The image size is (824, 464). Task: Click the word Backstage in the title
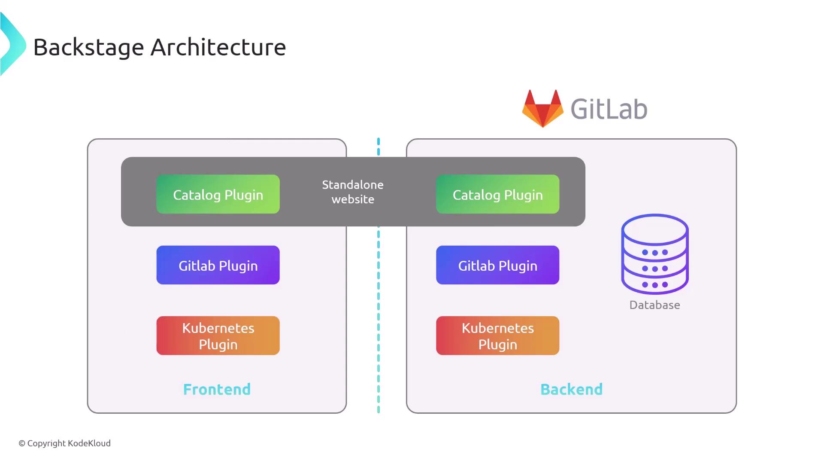coord(88,47)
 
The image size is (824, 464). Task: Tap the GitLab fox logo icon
coord(542,108)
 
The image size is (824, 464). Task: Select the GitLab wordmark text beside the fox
coord(609,109)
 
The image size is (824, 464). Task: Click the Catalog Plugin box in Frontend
coord(218,194)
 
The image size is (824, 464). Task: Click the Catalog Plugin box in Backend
coord(497,194)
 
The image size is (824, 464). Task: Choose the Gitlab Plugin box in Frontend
coord(218,265)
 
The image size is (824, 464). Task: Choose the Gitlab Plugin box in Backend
coord(497,265)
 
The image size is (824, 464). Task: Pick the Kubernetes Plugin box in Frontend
coord(218,336)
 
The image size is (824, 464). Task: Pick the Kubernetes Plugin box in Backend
coord(497,336)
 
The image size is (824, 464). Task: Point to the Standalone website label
coord(353,192)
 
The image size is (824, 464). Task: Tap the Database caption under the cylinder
coord(654,305)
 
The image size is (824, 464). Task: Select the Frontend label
coord(217,389)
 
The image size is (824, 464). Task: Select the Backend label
coord(571,389)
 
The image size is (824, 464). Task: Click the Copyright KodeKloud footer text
coord(64,443)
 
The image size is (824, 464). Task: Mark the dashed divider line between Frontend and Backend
coord(379,318)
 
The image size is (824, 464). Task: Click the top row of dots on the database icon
coord(655,252)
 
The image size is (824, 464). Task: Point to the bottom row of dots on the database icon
coord(655,284)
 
